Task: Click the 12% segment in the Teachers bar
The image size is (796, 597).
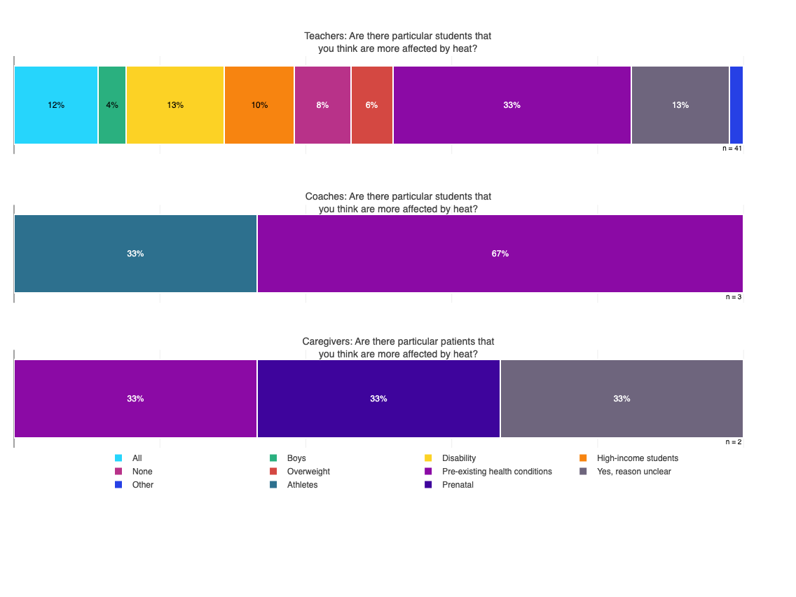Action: (56, 105)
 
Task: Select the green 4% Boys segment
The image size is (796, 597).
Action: (112, 105)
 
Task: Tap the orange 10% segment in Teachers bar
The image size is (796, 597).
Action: (259, 105)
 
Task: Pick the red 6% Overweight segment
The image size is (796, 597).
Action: (372, 105)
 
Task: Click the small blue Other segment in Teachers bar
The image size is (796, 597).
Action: (736, 105)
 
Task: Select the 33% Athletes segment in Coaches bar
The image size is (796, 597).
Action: (135, 254)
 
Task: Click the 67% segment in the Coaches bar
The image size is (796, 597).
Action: (500, 254)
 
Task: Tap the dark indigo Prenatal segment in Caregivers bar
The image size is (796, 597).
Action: (378, 399)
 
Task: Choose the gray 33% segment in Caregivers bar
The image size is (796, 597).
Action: (622, 399)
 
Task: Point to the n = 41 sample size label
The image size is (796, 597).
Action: (732, 149)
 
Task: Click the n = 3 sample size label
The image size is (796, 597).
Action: (734, 297)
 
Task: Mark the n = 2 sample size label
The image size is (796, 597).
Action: (734, 442)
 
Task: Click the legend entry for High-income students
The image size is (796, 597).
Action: (637, 458)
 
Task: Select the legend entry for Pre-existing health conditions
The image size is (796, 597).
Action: (496, 472)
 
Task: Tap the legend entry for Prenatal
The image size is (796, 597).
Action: (458, 485)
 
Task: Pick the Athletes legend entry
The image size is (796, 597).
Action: (302, 485)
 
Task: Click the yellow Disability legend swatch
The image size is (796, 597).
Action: (428, 458)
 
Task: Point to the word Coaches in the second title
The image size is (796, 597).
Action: (325, 197)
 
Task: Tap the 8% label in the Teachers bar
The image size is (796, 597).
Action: (322, 105)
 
